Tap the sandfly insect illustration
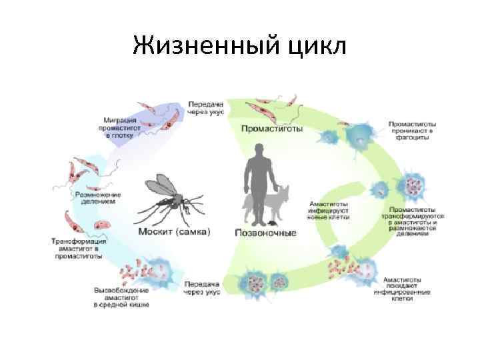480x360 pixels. coord(171,200)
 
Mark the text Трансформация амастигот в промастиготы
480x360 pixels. coord(77,248)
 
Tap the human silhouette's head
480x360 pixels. coord(257,154)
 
